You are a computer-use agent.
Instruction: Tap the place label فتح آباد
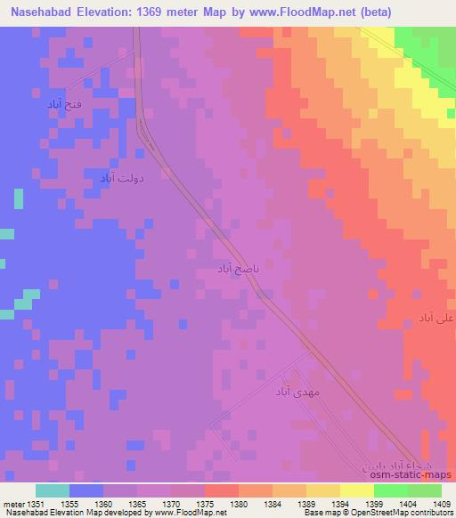[x=67, y=104]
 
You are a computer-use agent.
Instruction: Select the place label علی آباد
[x=436, y=318]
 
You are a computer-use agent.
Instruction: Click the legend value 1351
[x=37, y=505]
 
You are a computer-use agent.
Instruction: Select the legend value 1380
[x=240, y=505]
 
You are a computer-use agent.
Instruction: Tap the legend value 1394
[x=340, y=505]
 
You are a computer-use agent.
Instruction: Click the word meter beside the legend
[x=12, y=505]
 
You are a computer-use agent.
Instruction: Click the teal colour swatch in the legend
[x=52, y=490]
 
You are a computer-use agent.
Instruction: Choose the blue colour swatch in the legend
[x=85, y=490]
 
